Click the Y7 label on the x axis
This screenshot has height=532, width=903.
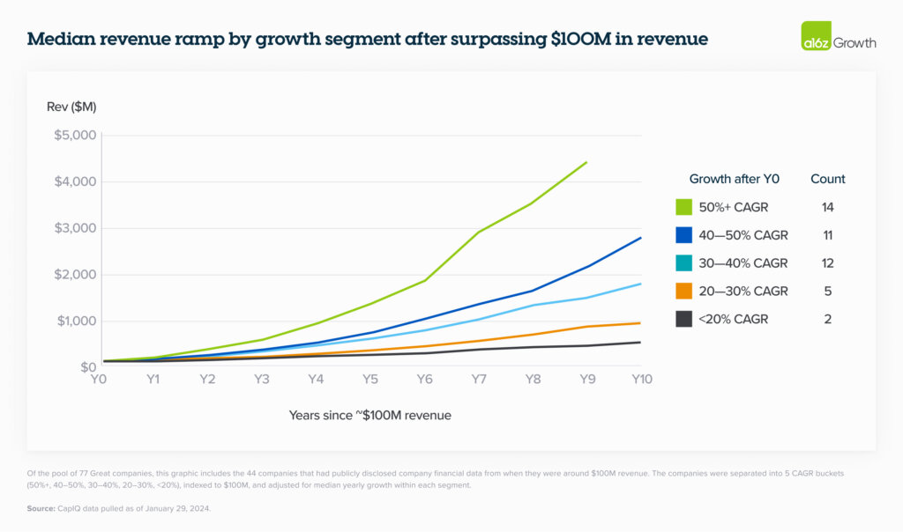tap(479, 379)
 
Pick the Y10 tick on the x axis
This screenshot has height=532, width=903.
tap(641, 379)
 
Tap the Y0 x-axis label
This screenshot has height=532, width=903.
tap(99, 379)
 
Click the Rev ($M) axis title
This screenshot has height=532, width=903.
tap(71, 107)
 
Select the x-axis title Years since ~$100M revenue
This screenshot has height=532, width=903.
tap(369, 415)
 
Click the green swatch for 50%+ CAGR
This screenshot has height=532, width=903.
tap(683, 207)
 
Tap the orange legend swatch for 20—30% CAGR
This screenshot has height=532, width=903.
tap(683, 292)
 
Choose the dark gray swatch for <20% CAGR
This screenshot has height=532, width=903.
tap(683, 319)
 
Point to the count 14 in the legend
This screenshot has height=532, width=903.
tap(827, 207)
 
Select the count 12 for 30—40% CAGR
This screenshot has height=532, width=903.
tap(827, 263)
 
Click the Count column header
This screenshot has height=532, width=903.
tap(827, 179)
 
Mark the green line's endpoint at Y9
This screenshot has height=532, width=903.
tap(586, 162)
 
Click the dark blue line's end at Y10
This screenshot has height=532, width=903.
tap(641, 238)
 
